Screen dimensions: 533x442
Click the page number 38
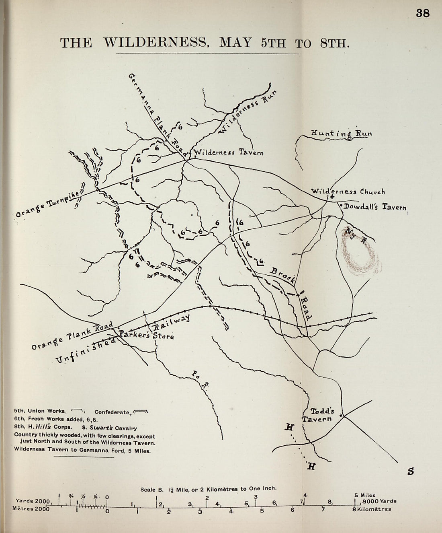(423, 13)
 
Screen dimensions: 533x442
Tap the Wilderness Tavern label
(229, 152)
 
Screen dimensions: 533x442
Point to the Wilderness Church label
(348, 192)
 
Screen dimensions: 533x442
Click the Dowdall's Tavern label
(375, 207)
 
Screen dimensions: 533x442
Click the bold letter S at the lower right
(410, 471)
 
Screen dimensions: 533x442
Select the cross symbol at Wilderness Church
(332, 198)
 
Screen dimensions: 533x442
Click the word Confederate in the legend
(112, 412)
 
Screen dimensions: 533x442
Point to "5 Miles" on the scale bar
(365, 495)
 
